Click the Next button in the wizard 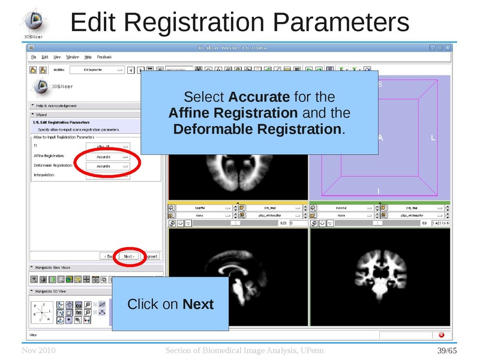click(129, 256)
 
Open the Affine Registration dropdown click(112, 157)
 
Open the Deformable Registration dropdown click(112, 166)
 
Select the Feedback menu click(104, 57)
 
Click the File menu click(34, 57)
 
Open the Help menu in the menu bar click(88, 57)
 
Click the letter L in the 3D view click(433, 139)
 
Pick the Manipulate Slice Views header click(53, 268)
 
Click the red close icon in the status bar click(442, 334)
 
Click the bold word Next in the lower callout click(198, 305)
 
